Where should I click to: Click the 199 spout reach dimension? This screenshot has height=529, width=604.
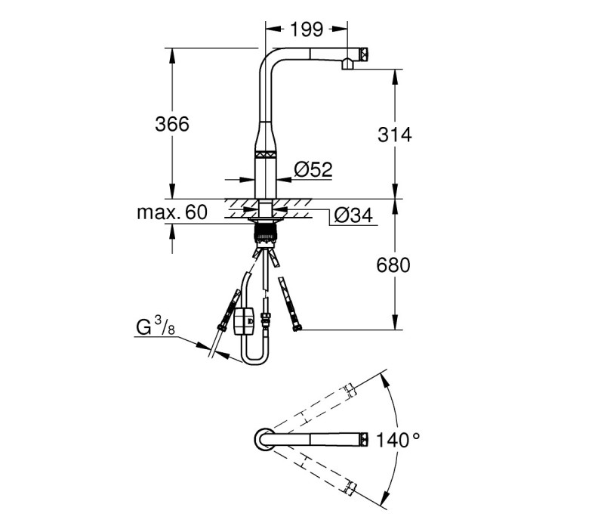[x=307, y=29]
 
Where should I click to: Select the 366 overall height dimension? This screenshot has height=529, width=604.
[x=172, y=124]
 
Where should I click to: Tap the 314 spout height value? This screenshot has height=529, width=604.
[x=394, y=135]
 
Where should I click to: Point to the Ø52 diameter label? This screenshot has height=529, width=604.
[x=313, y=169]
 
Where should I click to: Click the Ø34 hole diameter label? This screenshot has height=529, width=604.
[x=353, y=215]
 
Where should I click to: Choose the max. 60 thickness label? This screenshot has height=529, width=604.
[x=172, y=212]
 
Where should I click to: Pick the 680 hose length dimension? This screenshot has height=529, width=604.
[x=393, y=265]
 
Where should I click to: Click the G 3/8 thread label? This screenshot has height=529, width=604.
[x=156, y=326]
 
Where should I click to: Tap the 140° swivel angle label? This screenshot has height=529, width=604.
[x=398, y=440]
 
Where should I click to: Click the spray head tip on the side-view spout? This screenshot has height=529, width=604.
[x=364, y=54]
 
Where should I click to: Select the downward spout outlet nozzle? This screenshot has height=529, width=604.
[x=347, y=64]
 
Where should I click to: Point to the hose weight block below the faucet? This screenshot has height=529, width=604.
[x=244, y=320]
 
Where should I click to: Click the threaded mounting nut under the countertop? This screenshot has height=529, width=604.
[x=265, y=234]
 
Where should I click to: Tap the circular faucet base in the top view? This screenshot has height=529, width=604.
[x=265, y=439]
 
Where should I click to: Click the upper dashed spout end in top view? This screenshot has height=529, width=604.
[x=350, y=391]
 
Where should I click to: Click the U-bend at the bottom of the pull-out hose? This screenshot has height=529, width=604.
[x=254, y=356]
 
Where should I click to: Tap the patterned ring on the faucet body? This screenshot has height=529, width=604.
[x=266, y=153]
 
